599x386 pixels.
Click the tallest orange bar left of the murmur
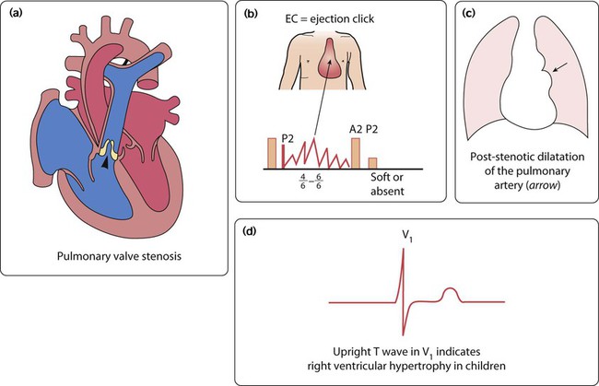click(271, 152)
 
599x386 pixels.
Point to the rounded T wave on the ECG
click(451, 293)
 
